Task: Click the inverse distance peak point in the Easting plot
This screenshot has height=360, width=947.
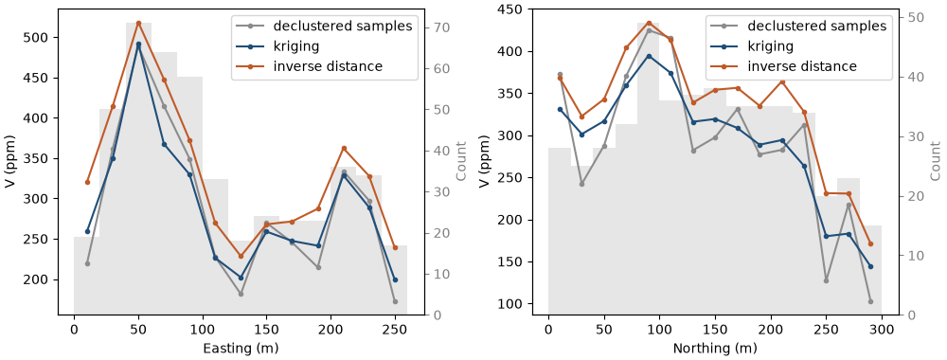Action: point(138,23)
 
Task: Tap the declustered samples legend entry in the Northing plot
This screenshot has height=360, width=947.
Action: point(796,26)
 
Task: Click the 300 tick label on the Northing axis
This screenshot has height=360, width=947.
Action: point(882,331)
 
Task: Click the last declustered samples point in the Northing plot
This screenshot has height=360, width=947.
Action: point(870,301)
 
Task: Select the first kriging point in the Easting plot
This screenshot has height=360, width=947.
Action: point(87,231)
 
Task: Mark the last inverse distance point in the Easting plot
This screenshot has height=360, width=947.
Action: point(395,247)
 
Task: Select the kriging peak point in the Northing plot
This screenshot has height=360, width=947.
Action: point(649,56)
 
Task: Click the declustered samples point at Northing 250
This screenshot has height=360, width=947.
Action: point(826,280)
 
